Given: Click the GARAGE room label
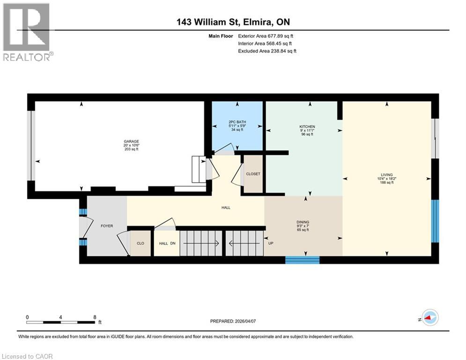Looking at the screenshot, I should pyautogui.click(x=131, y=141).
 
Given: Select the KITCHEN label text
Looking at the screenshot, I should pyautogui.click(x=307, y=127).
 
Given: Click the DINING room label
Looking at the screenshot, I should pyautogui.click(x=303, y=222).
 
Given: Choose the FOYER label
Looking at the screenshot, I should pyautogui.click(x=107, y=225).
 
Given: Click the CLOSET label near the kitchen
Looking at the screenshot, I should pyautogui.click(x=253, y=173).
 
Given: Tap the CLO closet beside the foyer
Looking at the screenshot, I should pyautogui.click(x=140, y=243).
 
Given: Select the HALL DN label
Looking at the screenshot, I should pyautogui.click(x=166, y=243).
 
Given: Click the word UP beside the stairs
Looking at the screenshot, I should pyautogui.click(x=270, y=243).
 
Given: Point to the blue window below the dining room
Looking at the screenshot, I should pyautogui.click(x=303, y=260).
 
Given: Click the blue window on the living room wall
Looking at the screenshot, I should pyautogui.click(x=435, y=221).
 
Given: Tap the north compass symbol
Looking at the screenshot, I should pyautogui.click(x=429, y=318).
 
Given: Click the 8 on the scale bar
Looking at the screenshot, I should pyautogui.click(x=95, y=317).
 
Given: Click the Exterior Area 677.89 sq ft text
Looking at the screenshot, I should pyautogui.click(x=267, y=36).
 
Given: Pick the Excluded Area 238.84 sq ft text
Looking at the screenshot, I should pyautogui.click(x=267, y=51).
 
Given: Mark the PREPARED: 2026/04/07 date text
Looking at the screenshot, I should pyautogui.click(x=237, y=321).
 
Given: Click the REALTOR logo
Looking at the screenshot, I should pyautogui.click(x=27, y=32).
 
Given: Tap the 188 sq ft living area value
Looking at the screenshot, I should pyautogui.click(x=386, y=182).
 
